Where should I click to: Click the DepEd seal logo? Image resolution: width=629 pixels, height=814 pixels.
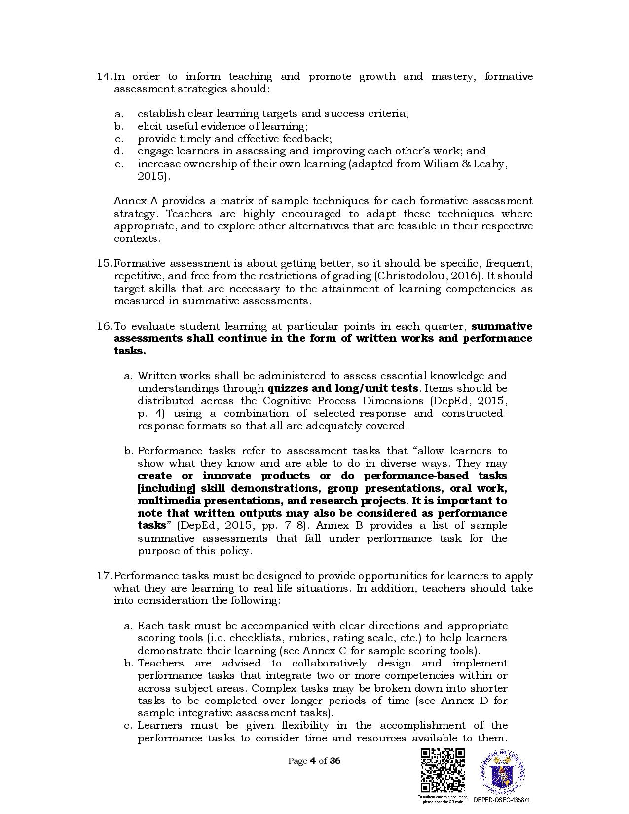[x=501, y=773]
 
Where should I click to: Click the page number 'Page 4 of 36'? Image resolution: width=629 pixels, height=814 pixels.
[x=314, y=760]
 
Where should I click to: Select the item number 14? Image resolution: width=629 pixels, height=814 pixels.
[x=104, y=76]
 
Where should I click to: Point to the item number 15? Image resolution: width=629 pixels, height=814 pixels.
[x=104, y=263]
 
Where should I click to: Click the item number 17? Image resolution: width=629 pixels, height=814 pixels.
[x=104, y=576]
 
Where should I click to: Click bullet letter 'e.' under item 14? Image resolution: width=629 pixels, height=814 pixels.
[x=118, y=164]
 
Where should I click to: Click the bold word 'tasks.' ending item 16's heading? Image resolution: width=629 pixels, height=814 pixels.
[x=130, y=351]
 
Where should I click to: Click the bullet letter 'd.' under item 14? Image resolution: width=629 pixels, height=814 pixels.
[x=118, y=151]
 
